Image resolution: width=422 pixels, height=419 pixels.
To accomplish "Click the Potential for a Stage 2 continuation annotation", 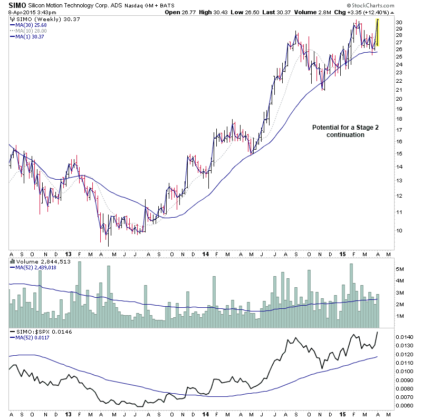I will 338,131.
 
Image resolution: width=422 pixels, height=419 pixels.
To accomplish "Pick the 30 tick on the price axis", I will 399,22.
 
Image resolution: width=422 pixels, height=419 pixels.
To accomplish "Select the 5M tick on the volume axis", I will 400,269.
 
